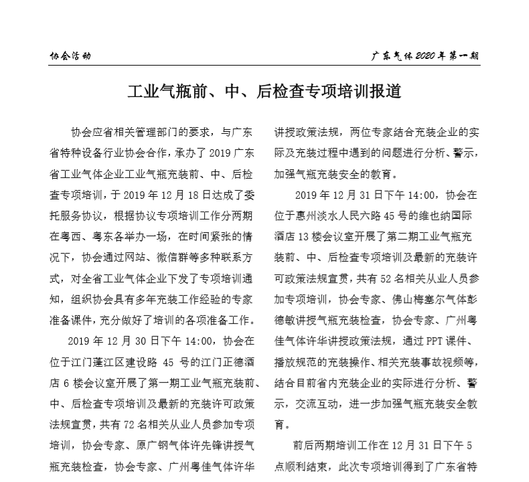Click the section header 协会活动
tap(70, 56)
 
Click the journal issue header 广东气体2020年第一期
tap(425, 56)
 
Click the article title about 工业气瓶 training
tap(264, 91)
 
